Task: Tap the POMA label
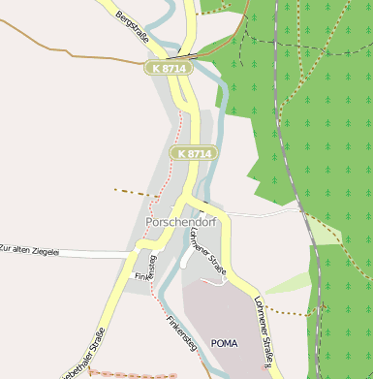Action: pos(224,343)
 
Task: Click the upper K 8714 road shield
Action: pos(166,68)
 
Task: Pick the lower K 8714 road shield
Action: pos(194,153)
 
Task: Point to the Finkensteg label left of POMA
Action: pos(180,335)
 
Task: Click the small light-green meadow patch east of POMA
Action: pos(291,282)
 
